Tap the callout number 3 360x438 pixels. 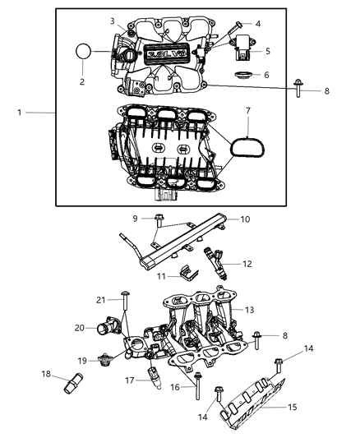pyautogui.click(x=113, y=21)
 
